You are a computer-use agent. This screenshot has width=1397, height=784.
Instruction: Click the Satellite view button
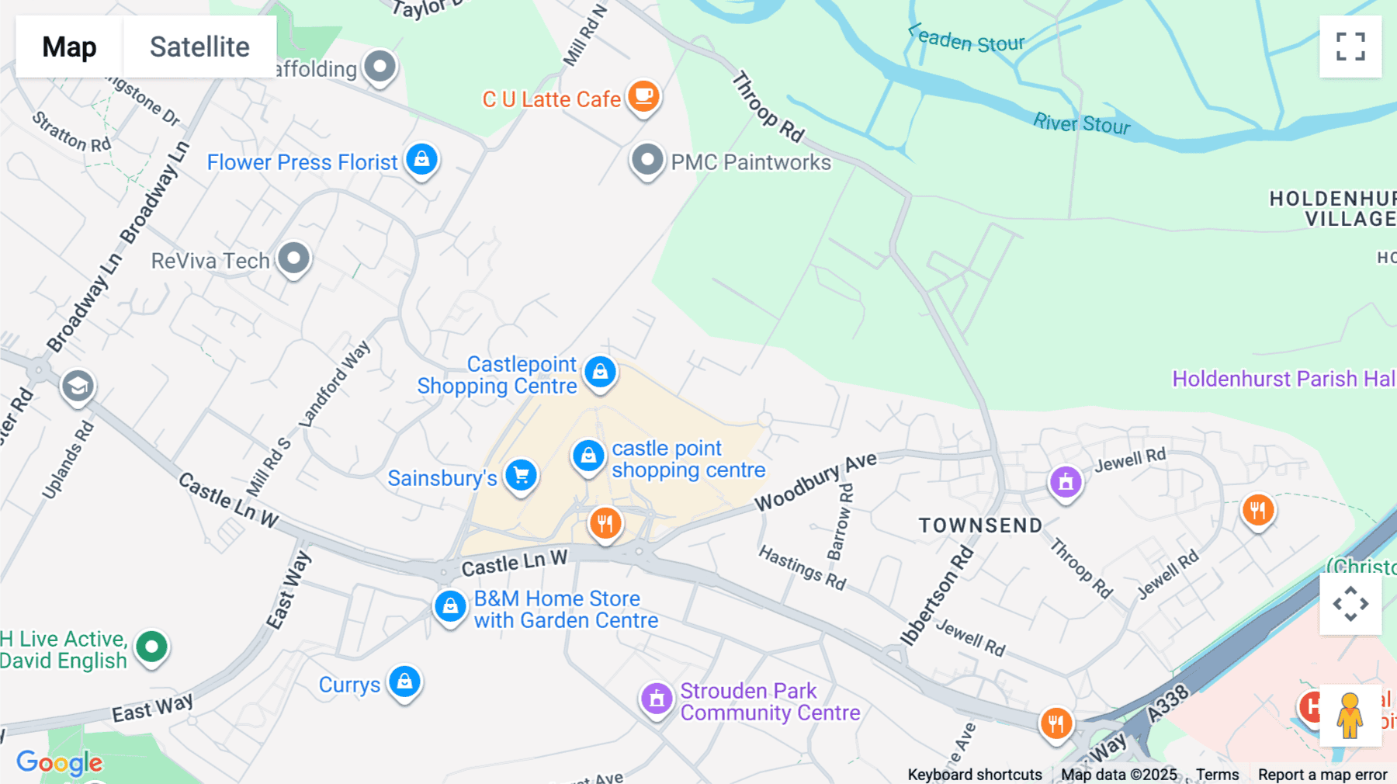pyautogui.click(x=199, y=47)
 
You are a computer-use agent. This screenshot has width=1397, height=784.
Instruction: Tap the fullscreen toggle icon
pyautogui.click(x=1350, y=47)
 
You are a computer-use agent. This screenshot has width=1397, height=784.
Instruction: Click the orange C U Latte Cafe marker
pyautogui.click(x=643, y=96)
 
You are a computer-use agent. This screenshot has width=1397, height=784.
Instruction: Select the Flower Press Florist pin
pyautogui.click(x=421, y=160)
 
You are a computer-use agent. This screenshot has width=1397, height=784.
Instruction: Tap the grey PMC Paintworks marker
pyautogui.click(x=647, y=161)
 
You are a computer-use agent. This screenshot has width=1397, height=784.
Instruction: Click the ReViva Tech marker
pyautogui.click(x=294, y=258)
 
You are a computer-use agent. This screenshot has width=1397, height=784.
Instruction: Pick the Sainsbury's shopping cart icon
pyautogui.click(x=521, y=475)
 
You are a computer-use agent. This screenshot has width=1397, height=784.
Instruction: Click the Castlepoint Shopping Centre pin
pyautogui.click(x=600, y=373)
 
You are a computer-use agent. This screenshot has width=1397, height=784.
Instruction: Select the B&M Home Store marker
pyautogui.click(x=450, y=605)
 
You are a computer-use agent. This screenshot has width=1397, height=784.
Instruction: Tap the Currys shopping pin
pyautogui.click(x=404, y=682)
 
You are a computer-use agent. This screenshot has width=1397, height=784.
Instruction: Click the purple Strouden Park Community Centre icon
pyautogui.click(x=657, y=699)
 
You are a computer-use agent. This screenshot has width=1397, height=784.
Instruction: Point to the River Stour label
pyautogui.click(x=1081, y=123)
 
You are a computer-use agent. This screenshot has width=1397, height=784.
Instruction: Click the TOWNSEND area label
pyautogui.click(x=981, y=526)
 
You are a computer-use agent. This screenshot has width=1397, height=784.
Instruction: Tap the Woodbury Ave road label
pyautogui.click(x=816, y=482)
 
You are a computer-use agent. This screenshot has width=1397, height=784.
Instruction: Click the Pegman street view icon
pyautogui.click(x=1350, y=716)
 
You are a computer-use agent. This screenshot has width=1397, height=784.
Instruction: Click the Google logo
pyautogui.click(x=60, y=762)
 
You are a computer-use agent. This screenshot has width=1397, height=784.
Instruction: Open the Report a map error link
pyautogui.click(x=1322, y=775)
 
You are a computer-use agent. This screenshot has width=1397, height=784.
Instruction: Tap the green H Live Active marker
pyautogui.click(x=151, y=647)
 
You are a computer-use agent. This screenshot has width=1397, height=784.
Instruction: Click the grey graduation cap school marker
pyautogui.click(x=78, y=386)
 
